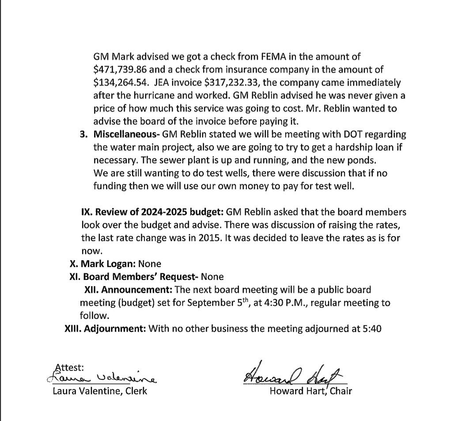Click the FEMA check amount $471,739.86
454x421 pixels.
coord(122,69)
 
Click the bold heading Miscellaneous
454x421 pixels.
coord(121,134)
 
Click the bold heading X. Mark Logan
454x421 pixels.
coord(102,264)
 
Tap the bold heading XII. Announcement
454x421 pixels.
coord(128,290)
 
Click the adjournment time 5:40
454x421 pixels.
coord(372,329)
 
